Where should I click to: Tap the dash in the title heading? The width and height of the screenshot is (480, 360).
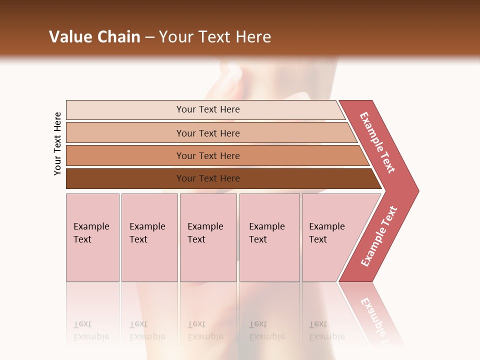tap(149, 37)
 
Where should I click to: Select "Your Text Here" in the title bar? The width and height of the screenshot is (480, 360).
tap(215, 37)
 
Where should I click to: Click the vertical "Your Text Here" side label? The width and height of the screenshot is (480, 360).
tap(57, 143)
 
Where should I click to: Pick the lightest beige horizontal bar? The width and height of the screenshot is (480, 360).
tap(125, 110)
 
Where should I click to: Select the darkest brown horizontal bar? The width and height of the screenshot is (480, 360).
tap(125, 178)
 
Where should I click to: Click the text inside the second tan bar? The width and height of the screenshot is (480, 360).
tap(208, 133)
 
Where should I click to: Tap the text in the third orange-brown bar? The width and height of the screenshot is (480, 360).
tap(208, 155)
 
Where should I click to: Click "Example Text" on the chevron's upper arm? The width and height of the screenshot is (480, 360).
tap(377, 142)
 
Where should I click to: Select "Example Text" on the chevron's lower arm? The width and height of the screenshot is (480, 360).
tap(379, 236)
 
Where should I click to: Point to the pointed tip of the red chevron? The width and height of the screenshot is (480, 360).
tap(416, 190)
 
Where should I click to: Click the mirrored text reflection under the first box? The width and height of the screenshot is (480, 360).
tap(91, 330)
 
